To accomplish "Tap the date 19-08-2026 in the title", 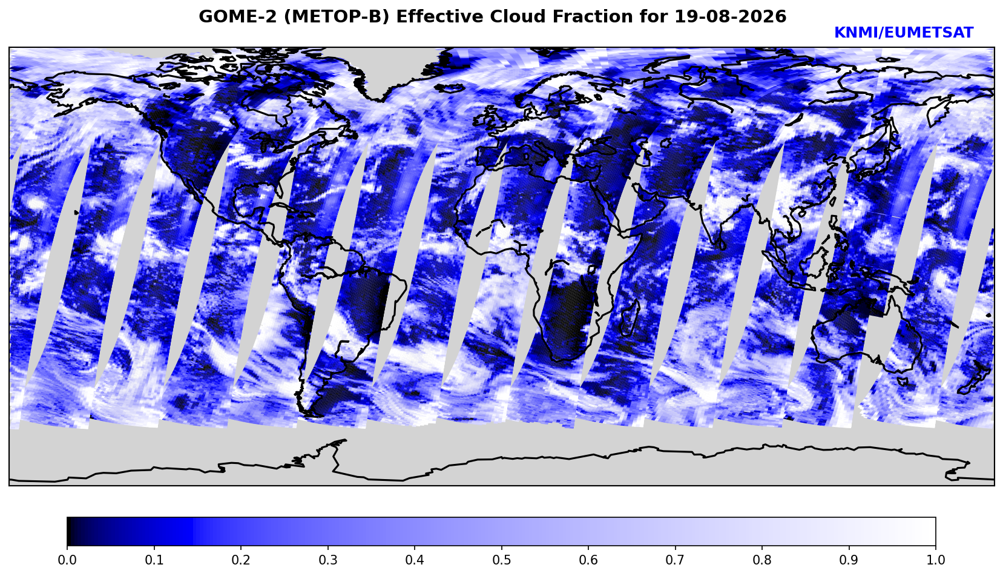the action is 730,16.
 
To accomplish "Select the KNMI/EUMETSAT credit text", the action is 904,33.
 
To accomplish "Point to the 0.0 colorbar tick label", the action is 67,560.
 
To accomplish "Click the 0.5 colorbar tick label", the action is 501,560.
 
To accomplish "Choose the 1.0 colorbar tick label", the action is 936,560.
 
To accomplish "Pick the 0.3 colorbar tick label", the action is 327,560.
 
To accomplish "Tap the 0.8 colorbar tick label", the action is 762,560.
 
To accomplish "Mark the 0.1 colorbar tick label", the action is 154,560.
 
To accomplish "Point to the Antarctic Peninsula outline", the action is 334,452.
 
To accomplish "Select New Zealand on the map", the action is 976,379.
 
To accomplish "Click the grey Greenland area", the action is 394,67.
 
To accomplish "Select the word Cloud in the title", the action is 519,16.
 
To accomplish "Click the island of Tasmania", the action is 903,382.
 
